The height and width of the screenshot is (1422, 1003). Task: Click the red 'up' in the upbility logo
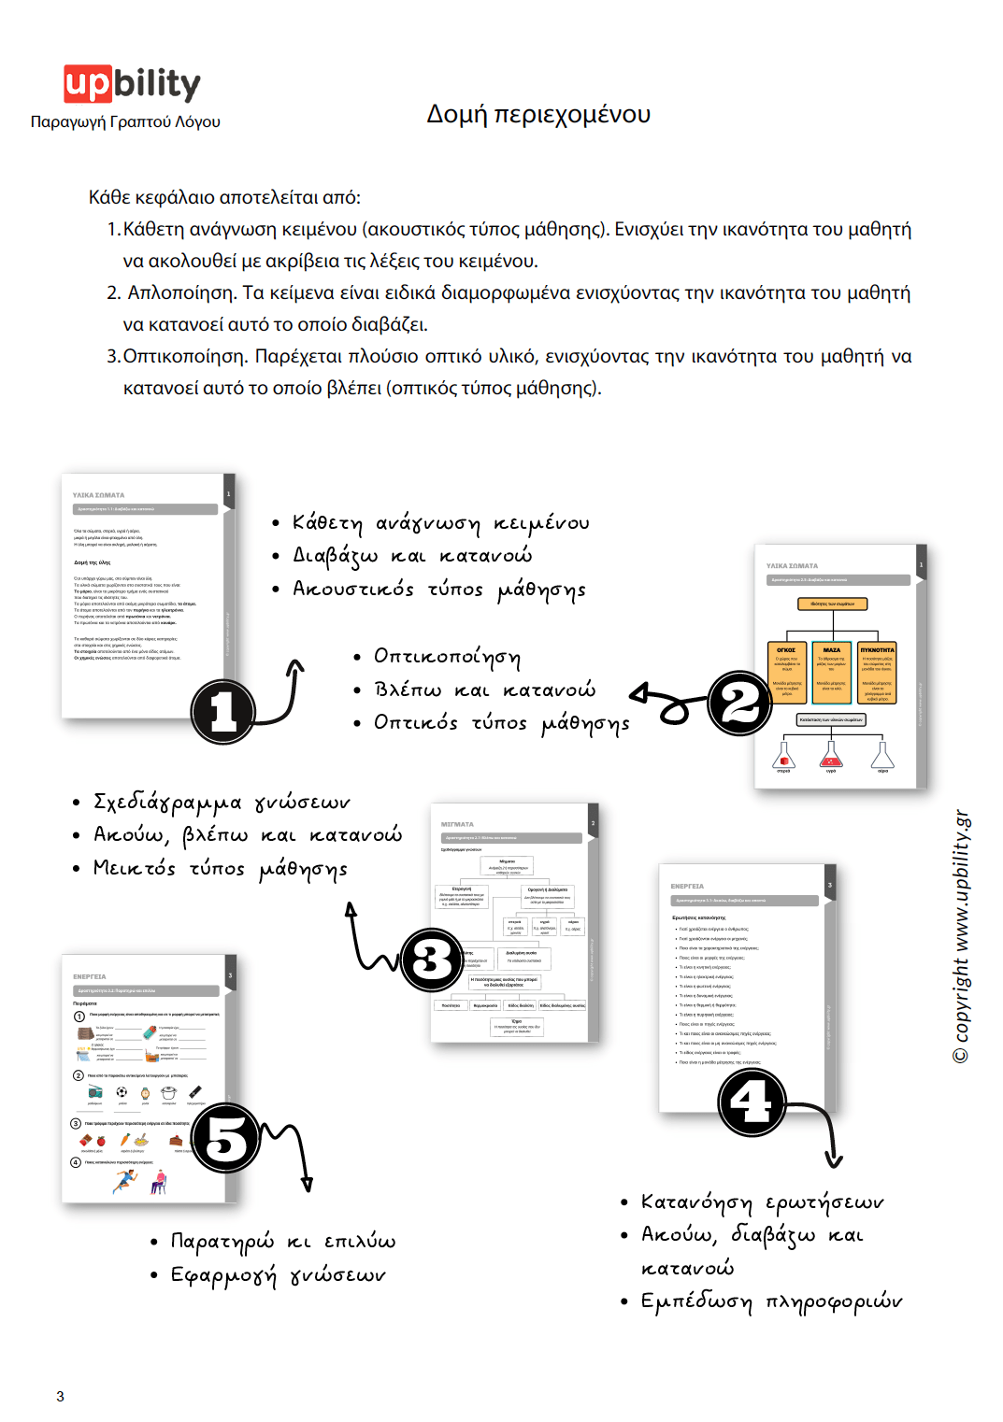(88, 83)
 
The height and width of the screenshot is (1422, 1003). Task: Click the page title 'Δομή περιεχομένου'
(538, 114)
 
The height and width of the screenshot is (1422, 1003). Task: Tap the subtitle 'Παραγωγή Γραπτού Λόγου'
(125, 121)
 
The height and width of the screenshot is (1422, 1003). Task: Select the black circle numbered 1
(223, 711)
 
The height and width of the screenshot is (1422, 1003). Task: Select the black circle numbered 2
(739, 703)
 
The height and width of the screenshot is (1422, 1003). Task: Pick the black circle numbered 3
(432, 960)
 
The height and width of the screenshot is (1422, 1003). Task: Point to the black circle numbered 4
(752, 1102)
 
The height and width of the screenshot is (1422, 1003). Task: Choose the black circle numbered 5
(226, 1138)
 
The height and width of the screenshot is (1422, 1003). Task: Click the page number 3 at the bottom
(60, 1396)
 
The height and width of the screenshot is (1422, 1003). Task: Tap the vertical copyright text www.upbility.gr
(961, 934)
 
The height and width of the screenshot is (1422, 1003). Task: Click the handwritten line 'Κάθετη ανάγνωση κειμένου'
(440, 523)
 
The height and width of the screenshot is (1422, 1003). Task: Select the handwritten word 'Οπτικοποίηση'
(447, 657)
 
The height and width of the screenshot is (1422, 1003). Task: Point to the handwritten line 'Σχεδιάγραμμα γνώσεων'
(222, 803)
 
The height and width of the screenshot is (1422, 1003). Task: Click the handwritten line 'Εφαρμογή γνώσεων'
(278, 1275)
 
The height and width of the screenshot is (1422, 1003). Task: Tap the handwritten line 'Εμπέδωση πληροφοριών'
(771, 1301)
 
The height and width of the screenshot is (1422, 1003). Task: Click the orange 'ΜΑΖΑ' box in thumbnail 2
(831, 671)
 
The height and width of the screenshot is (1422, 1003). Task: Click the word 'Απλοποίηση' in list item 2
(180, 292)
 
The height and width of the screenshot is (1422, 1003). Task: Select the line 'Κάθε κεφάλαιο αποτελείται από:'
(224, 197)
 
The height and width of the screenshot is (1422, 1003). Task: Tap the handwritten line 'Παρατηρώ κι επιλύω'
(282, 1242)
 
